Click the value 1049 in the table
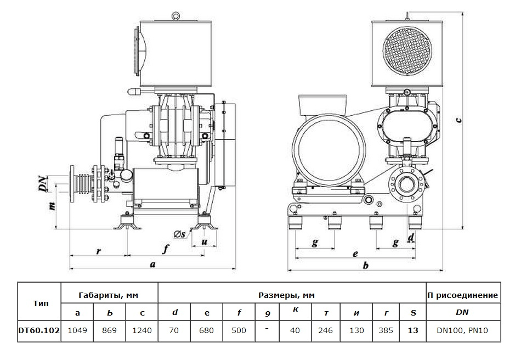(x=77, y=331)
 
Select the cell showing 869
(x=110, y=331)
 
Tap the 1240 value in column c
(x=142, y=331)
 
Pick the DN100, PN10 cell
(x=463, y=331)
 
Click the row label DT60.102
(x=39, y=331)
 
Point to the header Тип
(x=39, y=303)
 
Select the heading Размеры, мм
(x=291, y=295)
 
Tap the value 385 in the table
(x=387, y=331)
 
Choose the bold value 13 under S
(x=413, y=331)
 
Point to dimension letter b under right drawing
(x=365, y=265)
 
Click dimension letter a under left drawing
(x=153, y=265)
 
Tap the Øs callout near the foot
(x=180, y=235)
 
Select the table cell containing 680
(x=207, y=331)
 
